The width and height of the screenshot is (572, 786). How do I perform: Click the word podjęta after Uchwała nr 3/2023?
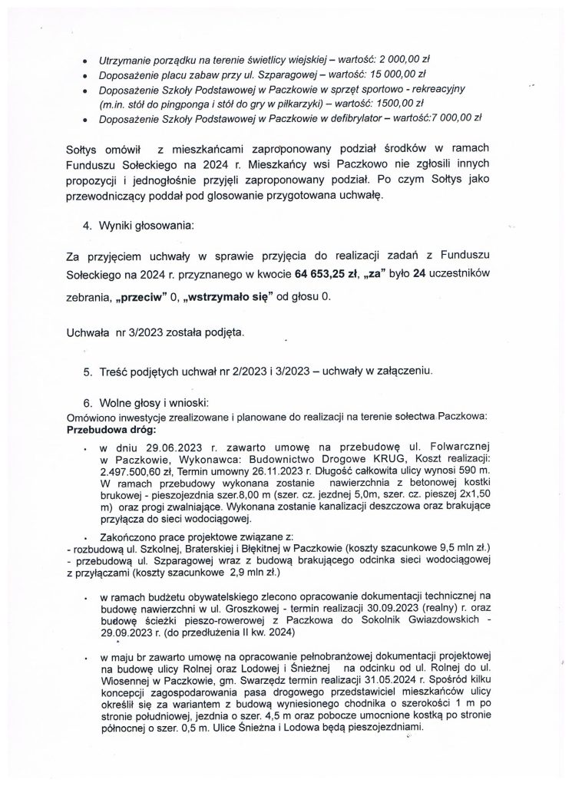tap(223, 333)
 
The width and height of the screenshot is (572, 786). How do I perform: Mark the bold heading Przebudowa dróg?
tap(111, 431)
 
